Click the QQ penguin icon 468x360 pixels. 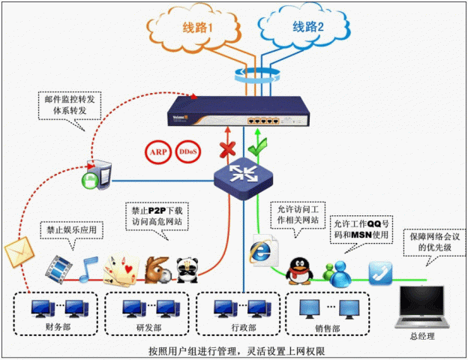[300, 268]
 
